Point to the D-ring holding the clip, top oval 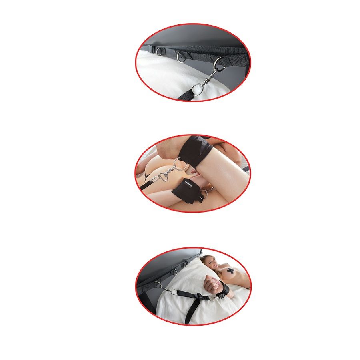[x=218, y=62]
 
